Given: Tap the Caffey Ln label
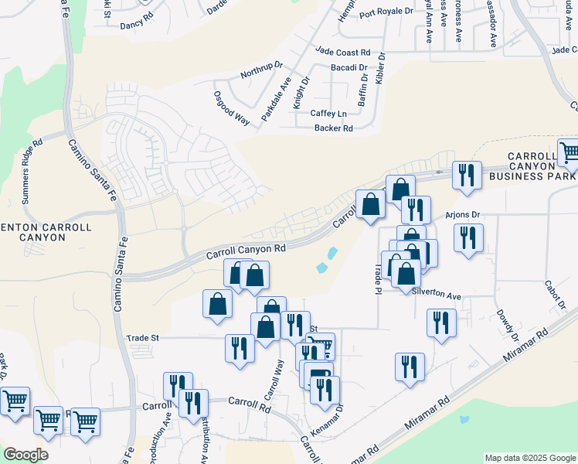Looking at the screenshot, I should [x=328, y=114].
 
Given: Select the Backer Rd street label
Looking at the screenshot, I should [x=334, y=128].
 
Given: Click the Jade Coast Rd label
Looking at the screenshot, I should [x=343, y=53].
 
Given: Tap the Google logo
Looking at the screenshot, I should [x=25, y=455].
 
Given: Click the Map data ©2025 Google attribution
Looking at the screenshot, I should [x=530, y=458].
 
